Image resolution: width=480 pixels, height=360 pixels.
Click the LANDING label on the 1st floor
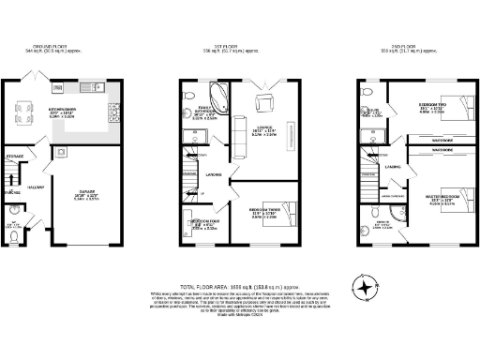tap(214, 173)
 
